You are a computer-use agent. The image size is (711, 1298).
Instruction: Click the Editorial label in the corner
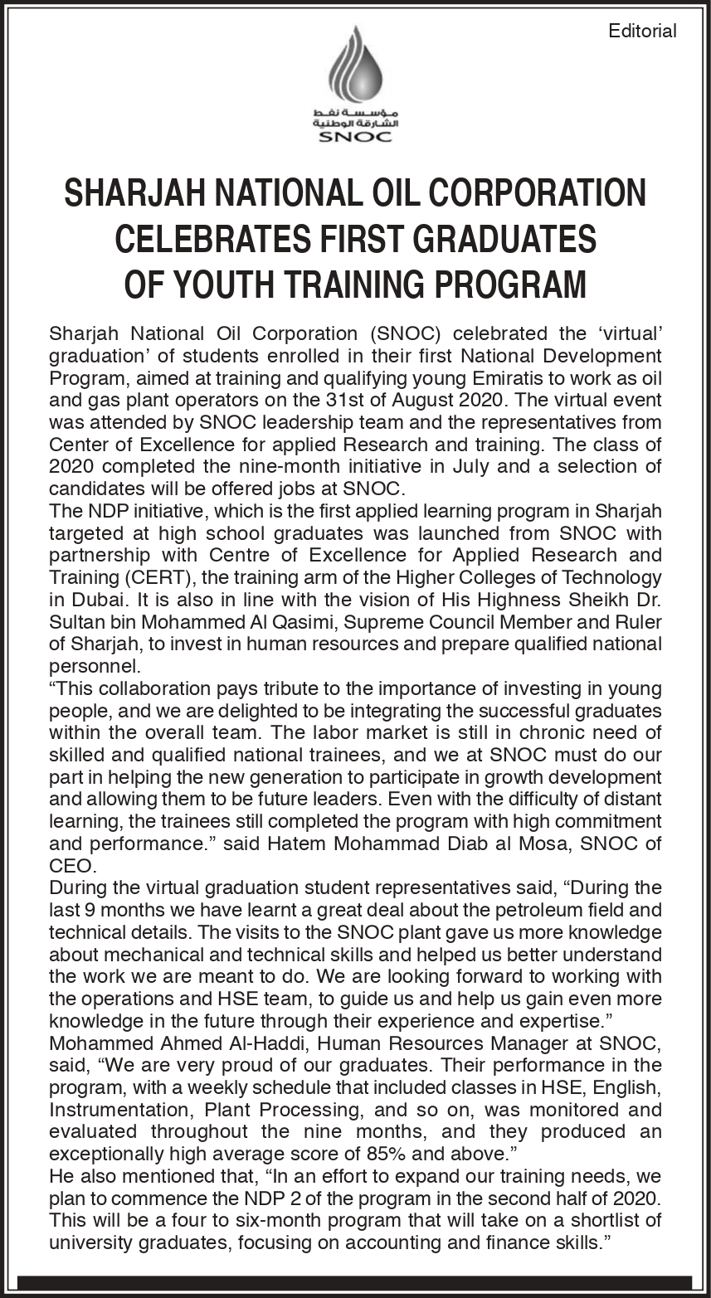pos(642,32)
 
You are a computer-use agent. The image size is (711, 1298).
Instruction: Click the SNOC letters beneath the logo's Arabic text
pos(355,137)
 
